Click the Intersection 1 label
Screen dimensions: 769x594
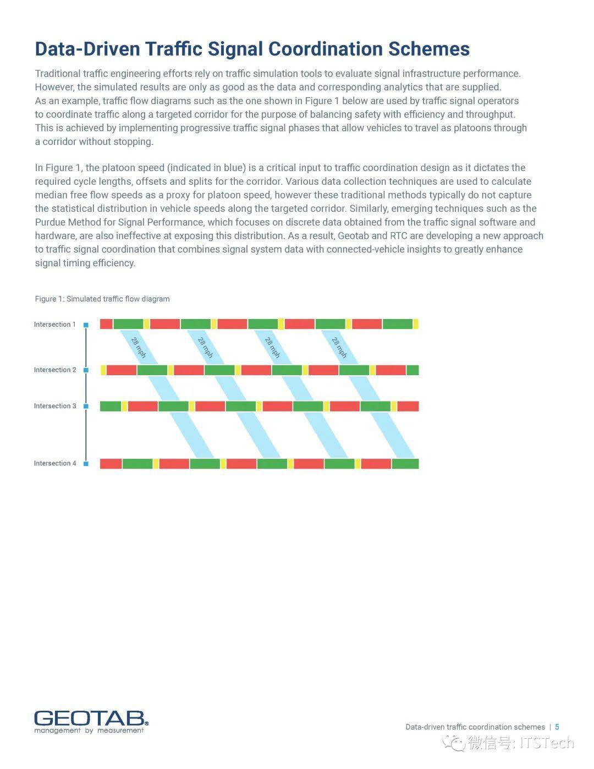pyautogui.click(x=54, y=325)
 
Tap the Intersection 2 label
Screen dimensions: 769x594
pyautogui.click(x=55, y=370)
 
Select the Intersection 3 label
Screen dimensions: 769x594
pyautogui.click(x=55, y=406)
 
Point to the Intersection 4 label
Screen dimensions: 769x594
pyautogui.click(x=55, y=463)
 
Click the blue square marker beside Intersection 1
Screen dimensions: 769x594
pyautogui.click(x=86, y=325)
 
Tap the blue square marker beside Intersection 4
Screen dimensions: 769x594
pyautogui.click(x=86, y=464)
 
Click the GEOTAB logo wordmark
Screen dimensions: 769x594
pyautogui.click(x=91, y=718)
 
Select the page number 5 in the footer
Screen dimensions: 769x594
pyautogui.click(x=557, y=727)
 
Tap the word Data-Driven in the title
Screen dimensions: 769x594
pyautogui.click(x=87, y=49)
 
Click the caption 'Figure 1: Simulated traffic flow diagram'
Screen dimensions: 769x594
pyautogui.click(x=102, y=299)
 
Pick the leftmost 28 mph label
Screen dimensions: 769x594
pyautogui.click(x=139, y=348)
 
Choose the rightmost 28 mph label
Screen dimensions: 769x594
pyautogui.click(x=339, y=348)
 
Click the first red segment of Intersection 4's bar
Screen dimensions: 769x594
pyautogui.click(x=111, y=464)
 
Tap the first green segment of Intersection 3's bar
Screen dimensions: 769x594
pyautogui.click(x=110, y=406)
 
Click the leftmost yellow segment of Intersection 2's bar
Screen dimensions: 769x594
pyautogui.click(x=103, y=370)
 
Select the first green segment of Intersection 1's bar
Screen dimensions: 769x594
pyautogui.click(x=128, y=324)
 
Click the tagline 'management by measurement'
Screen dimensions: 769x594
pyautogui.click(x=89, y=730)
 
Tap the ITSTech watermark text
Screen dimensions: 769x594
pyautogui.click(x=547, y=743)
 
